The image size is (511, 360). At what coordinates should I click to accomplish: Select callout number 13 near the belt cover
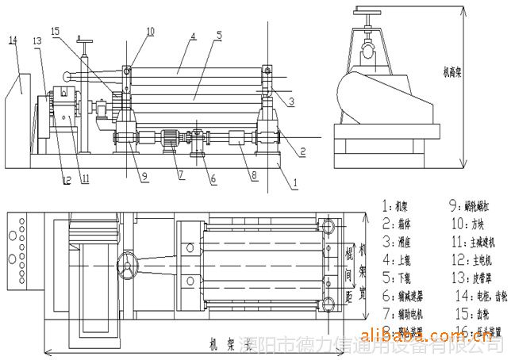[37, 40]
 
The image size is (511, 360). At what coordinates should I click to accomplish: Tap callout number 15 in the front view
[54, 31]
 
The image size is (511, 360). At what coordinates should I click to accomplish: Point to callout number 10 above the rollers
[151, 31]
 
